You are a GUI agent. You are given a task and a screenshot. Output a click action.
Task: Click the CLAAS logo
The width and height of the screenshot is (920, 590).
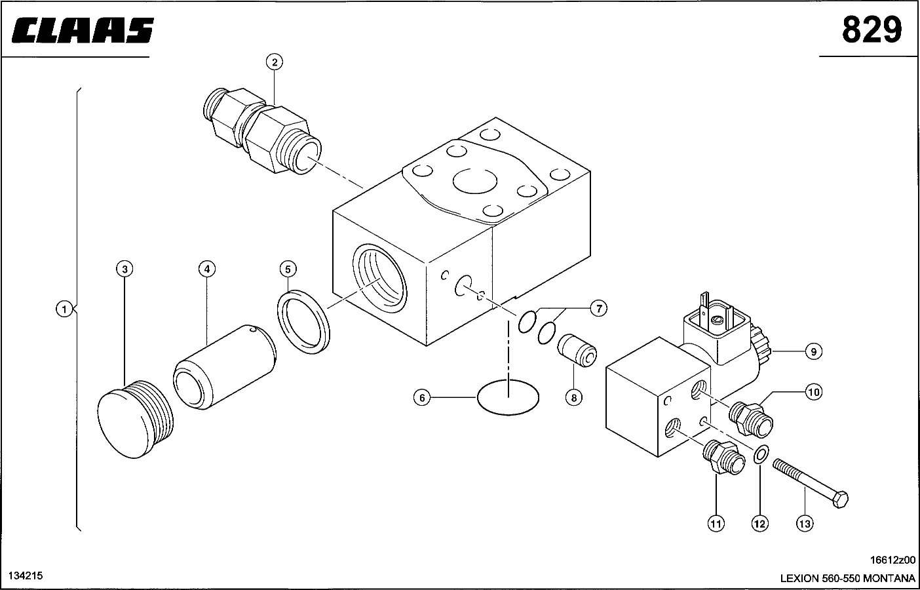tap(83, 30)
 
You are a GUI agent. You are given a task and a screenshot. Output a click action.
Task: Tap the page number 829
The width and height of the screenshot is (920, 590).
tap(872, 30)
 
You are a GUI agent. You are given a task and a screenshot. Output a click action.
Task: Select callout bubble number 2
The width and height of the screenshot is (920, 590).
tap(275, 62)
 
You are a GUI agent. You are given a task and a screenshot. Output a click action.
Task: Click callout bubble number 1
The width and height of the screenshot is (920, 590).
tap(64, 309)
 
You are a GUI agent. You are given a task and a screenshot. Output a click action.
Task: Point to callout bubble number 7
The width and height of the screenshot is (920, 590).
tap(599, 308)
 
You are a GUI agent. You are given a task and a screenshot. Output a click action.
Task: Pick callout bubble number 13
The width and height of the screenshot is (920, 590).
tap(805, 524)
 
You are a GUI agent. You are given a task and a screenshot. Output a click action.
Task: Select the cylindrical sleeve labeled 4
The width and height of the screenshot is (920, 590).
tap(225, 367)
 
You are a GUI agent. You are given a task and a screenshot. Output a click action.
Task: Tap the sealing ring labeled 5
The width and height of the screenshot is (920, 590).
tap(303, 322)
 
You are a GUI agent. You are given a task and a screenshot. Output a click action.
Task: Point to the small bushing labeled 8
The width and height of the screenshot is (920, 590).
tap(577, 351)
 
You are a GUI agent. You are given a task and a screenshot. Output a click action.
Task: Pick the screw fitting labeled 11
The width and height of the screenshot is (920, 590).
tap(723, 458)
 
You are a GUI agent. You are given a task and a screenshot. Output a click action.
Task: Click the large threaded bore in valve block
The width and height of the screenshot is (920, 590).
tap(380, 278)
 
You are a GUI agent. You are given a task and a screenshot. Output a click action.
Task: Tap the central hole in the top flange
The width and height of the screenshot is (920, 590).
tap(475, 181)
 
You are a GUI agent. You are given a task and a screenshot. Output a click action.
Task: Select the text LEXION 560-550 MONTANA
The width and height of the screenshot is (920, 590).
tap(848, 578)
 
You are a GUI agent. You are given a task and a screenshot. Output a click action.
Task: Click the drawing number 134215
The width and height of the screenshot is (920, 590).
tap(26, 576)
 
